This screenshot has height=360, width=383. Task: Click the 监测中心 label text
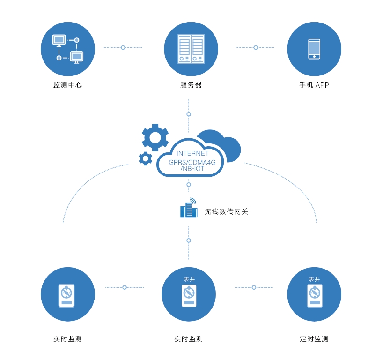pyautogui.click(x=68, y=85)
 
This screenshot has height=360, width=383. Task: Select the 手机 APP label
pyautogui.click(x=314, y=85)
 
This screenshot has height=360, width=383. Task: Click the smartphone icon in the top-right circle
pyautogui.click(x=314, y=49)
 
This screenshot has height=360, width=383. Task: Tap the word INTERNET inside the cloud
pyautogui.click(x=192, y=153)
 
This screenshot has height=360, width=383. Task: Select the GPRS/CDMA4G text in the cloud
pyautogui.click(x=192, y=162)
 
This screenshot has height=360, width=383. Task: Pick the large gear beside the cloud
pyautogui.click(x=155, y=137)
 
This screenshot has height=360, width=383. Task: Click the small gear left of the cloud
pyautogui.click(x=146, y=159)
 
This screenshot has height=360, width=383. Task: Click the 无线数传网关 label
pyautogui.click(x=226, y=212)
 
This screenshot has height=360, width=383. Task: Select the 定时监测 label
pyautogui.click(x=314, y=339)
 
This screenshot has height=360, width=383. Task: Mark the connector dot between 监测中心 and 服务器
pyautogui.click(x=123, y=47)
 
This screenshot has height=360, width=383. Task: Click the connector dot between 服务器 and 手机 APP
pyautogui.click(x=256, y=47)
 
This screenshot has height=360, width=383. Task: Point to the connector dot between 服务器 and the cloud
pyautogui.click(x=189, y=114)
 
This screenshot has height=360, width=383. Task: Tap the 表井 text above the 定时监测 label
pyautogui.click(x=314, y=279)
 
